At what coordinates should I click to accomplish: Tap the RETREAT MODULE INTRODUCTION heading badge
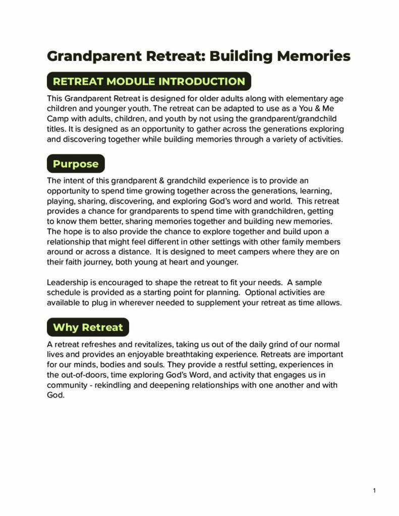[x=149, y=82]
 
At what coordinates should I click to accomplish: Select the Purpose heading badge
[x=76, y=164]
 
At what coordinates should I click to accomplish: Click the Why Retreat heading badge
[x=88, y=327]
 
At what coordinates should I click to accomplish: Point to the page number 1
[x=374, y=490]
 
